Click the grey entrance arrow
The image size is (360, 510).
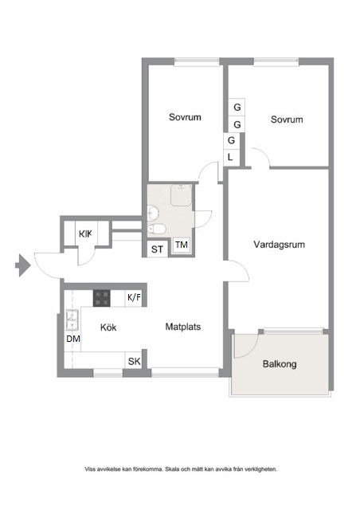(x=23, y=265)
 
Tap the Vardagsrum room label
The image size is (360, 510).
(x=279, y=245)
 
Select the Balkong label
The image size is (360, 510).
(x=280, y=363)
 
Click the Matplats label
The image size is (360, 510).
(x=182, y=327)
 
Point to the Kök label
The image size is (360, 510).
(x=108, y=328)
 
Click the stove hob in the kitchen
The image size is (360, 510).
(x=102, y=298)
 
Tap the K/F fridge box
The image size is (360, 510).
(x=134, y=298)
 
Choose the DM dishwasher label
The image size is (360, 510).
(x=73, y=339)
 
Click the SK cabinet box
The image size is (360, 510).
(x=134, y=361)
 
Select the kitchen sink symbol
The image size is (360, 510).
(x=72, y=320)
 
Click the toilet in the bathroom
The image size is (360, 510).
(x=156, y=229)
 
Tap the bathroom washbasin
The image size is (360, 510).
(x=153, y=213)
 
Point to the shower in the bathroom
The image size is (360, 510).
(x=181, y=195)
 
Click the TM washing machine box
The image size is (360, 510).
(x=182, y=245)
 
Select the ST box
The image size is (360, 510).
(x=158, y=249)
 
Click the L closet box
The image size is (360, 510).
(x=231, y=158)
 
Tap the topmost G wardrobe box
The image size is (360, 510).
(x=237, y=107)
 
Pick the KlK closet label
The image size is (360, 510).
(x=85, y=233)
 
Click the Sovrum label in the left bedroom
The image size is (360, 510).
(x=185, y=117)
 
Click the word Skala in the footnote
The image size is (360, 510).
(x=171, y=469)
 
